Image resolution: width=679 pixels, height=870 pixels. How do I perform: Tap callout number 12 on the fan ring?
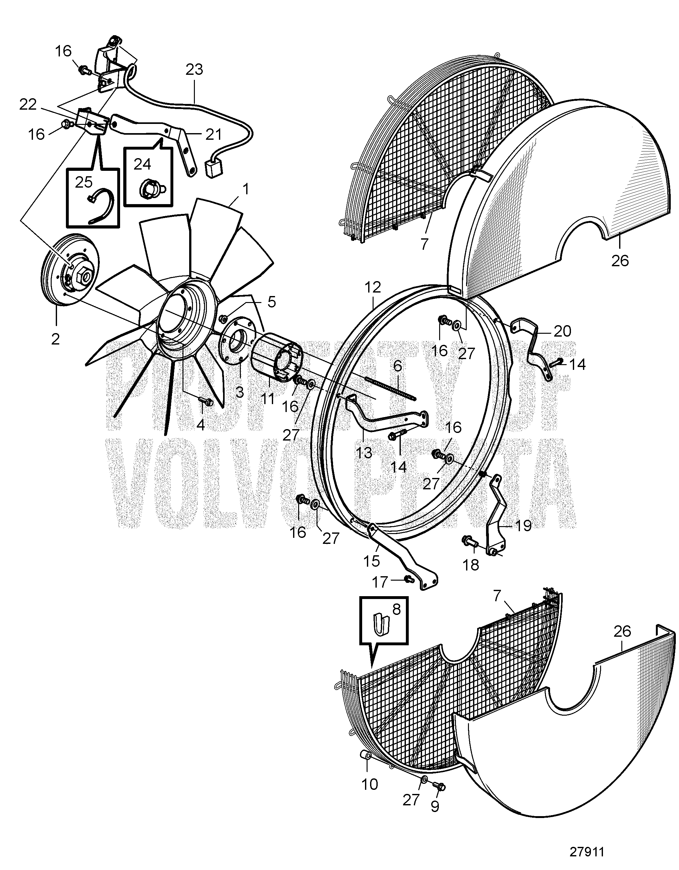372,287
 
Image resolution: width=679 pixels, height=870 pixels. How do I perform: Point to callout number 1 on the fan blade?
246,189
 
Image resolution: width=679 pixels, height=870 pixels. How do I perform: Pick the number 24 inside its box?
143,164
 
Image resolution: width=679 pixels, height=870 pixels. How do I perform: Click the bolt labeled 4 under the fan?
206,402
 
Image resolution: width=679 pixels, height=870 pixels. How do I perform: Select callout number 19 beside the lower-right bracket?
524,526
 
